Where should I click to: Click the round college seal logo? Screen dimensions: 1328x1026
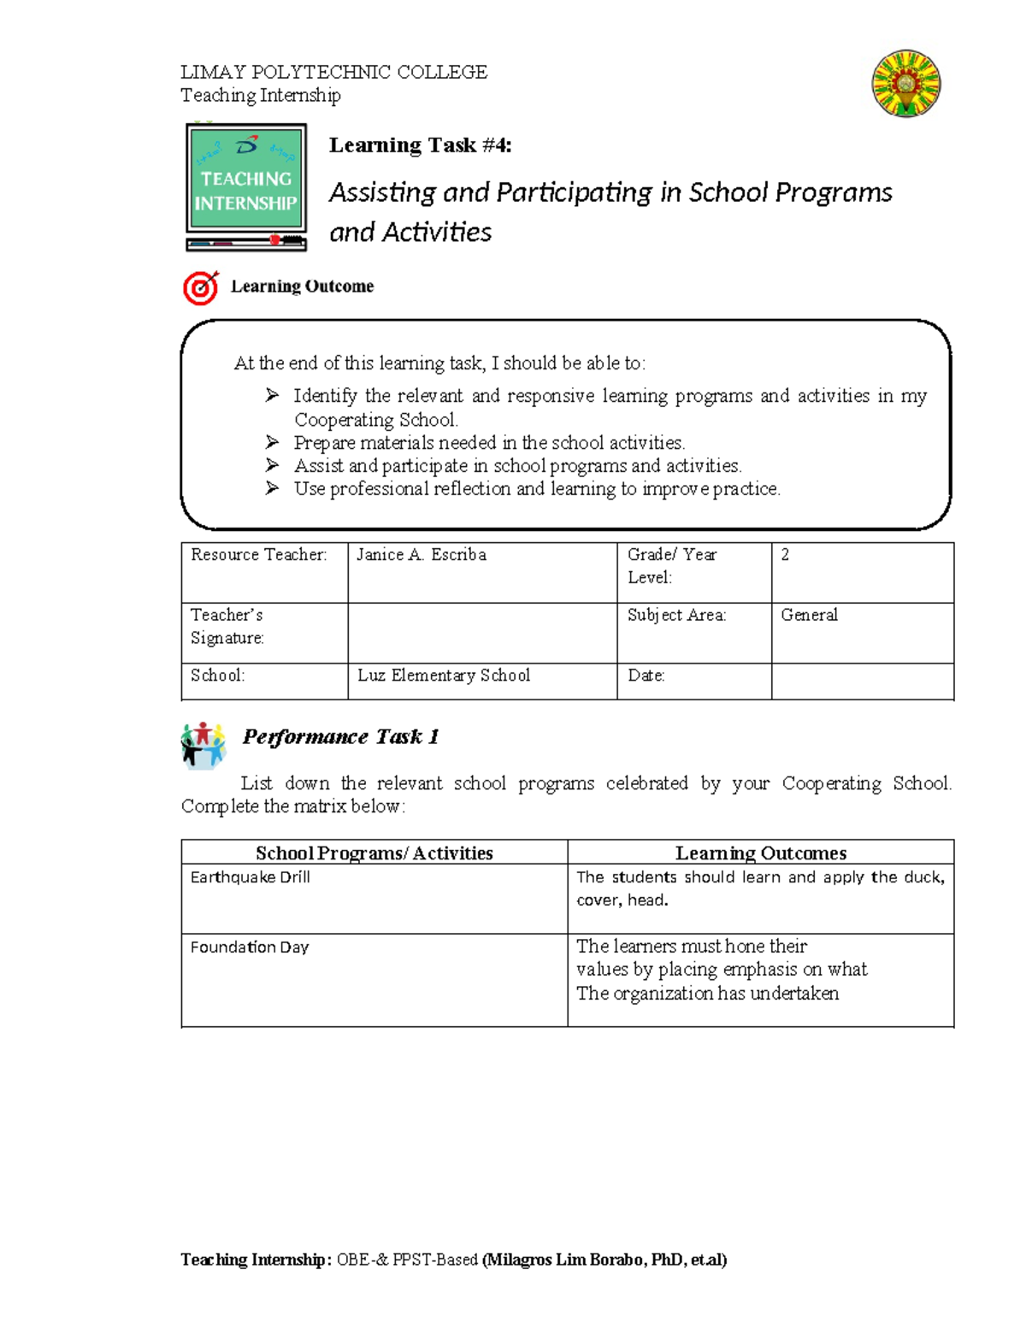pyautogui.click(x=906, y=83)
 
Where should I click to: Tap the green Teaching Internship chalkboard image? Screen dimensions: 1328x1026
pyautogui.click(x=246, y=187)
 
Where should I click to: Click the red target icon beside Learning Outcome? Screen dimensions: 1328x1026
pyautogui.click(x=201, y=288)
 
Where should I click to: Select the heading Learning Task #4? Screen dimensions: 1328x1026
pyautogui.click(x=420, y=145)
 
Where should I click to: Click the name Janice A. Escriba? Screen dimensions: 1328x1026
pyautogui.click(x=422, y=555)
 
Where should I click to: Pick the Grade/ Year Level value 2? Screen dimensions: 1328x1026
pyautogui.click(x=785, y=555)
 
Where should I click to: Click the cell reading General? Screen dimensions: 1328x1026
pyautogui.click(x=809, y=615)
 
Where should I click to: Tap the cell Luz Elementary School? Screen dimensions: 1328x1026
pyautogui.click(x=444, y=676)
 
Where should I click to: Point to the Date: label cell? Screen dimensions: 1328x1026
pyautogui.click(x=646, y=676)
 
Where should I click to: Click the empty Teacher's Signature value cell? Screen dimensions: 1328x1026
pyautogui.click(x=482, y=633)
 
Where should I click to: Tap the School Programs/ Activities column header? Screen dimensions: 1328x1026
pyautogui.click(x=374, y=853)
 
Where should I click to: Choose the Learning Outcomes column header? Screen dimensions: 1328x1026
pyautogui.click(x=761, y=853)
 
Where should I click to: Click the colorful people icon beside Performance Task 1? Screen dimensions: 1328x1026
pyautogui.click(x=203, y=745)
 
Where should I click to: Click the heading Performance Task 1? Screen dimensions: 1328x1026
pyautogui.click(x=340, y=737)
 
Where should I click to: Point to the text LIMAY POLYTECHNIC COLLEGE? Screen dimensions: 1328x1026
pyautogui.click(x=333, y=72)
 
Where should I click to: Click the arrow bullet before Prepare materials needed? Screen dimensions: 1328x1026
pyautogui.click(x=272, y=442)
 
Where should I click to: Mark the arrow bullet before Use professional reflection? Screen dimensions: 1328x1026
pyautogui.click(x=272, y=488)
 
